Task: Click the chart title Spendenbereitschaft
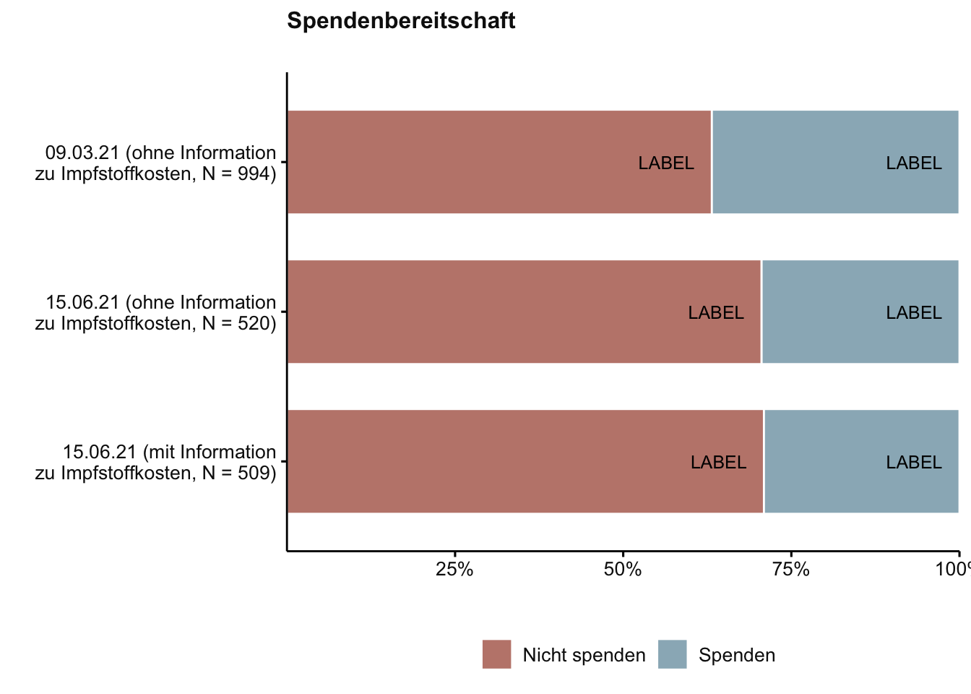pos(401,21)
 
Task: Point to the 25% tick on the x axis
pos(455,570)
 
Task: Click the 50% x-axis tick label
pos(623,570)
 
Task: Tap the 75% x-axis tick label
pos(791,570)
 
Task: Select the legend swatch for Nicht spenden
pos(496,654)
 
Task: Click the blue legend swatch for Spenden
pos(672,654)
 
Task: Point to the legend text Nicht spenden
pos(584,655)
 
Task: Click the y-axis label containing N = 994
pos(156,163)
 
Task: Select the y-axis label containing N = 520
pos(156,313)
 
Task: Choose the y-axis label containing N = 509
pos(156,463)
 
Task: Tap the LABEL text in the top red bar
pos(666,163)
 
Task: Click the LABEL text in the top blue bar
pos(914,163)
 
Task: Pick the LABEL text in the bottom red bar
pos(718,463)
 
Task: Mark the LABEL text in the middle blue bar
pos(914,313)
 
